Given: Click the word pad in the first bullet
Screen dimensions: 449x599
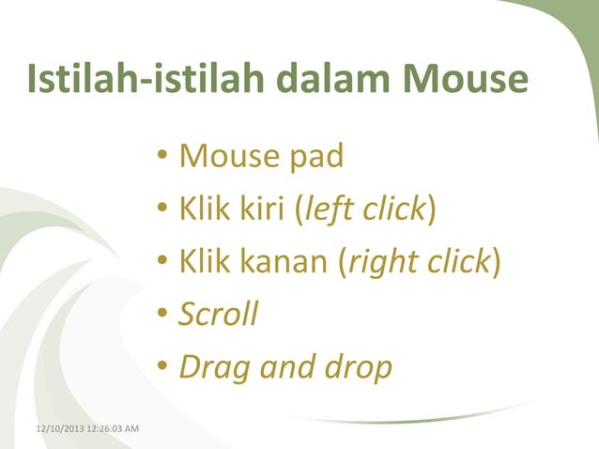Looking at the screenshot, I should [x=313, y=155].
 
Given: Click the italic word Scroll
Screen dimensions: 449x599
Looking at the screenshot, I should [x=218, y=314].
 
